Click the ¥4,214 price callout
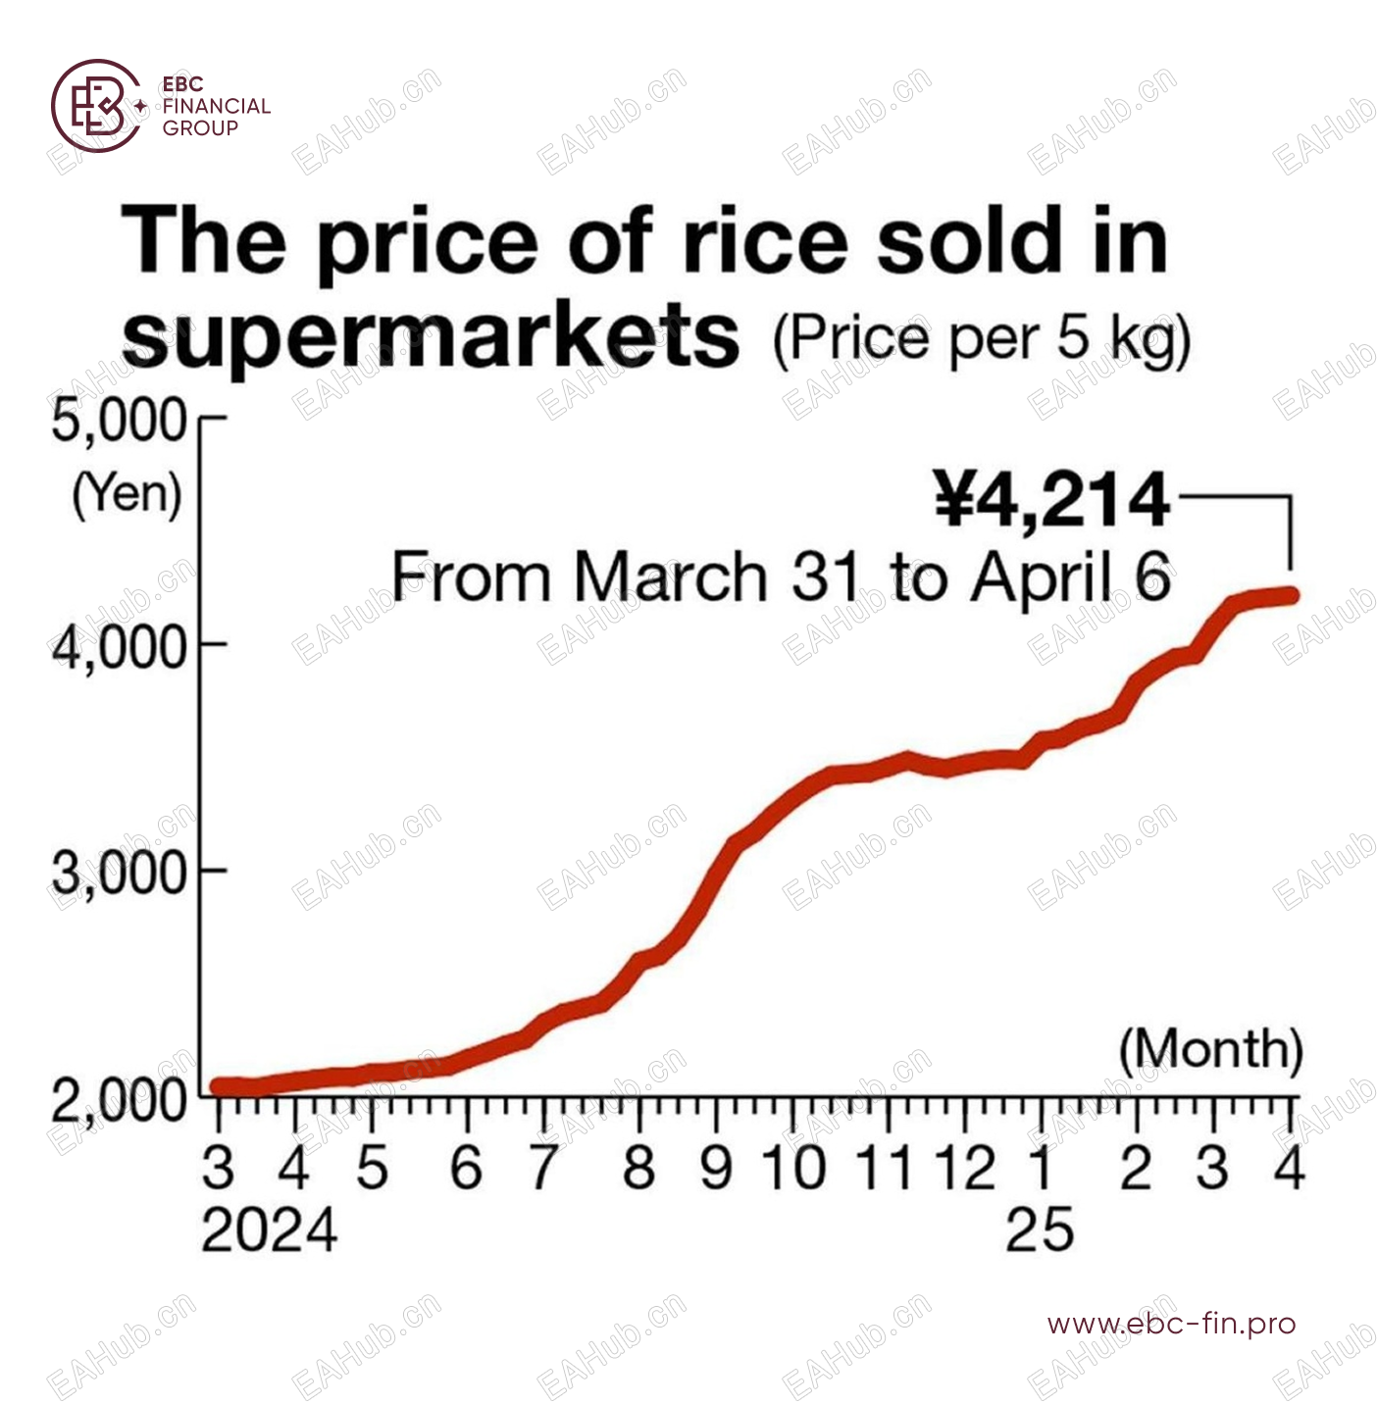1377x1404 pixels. (x=1051, y=500)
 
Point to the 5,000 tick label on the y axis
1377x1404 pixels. (x=119, y=422)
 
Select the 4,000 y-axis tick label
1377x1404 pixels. (x=119, y=647)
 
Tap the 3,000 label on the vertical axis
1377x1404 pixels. (x=119, y=873)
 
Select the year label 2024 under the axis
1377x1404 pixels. (x=269, y=1230)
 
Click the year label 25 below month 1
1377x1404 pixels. (x=1040, y=1230)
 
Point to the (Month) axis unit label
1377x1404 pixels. (x=1210, y=1049)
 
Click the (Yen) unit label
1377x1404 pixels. (x=127, y=493)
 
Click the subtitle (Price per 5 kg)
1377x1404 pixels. (x=981, y=339)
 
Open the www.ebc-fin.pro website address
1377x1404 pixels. (x=1171, y=1325)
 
